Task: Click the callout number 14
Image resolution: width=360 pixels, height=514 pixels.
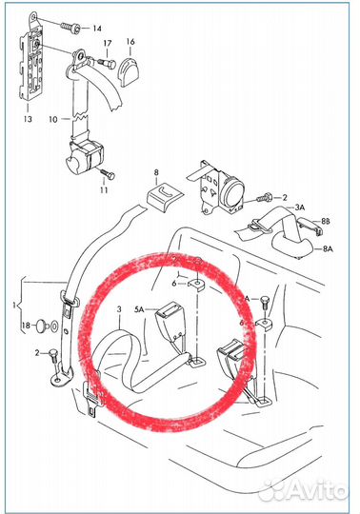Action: point(97,29)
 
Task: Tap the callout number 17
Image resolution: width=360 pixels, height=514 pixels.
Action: point(108,43)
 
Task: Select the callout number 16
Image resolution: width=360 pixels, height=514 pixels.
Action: point(130,42)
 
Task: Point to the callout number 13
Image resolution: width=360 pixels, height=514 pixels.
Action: point(28,118)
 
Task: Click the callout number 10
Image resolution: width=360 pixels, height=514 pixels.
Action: point(53,119)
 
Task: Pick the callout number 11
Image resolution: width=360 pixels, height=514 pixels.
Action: point(104,189)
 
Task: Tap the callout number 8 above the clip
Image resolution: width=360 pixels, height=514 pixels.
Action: point(156,172)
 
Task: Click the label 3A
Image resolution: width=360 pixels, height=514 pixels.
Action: point(300,208)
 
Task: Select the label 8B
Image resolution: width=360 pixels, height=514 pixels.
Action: point(326,221)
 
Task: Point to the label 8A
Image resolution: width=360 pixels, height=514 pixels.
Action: point(328,248)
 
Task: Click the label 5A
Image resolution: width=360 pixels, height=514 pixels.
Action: point(139,308)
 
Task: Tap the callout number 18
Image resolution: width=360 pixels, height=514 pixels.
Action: point(27,326)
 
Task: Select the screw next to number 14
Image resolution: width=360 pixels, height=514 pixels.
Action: point(70,28)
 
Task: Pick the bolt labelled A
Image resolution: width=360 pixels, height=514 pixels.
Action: point(264,304)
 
